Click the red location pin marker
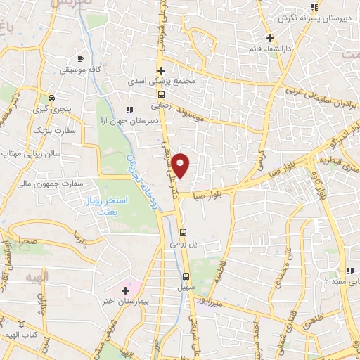181,165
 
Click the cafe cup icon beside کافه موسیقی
81,58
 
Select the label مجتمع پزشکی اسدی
160,82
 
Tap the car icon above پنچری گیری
51,98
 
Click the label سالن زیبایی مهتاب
32,152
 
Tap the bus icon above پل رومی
184,231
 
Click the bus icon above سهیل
186,276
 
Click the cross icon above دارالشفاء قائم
270,38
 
